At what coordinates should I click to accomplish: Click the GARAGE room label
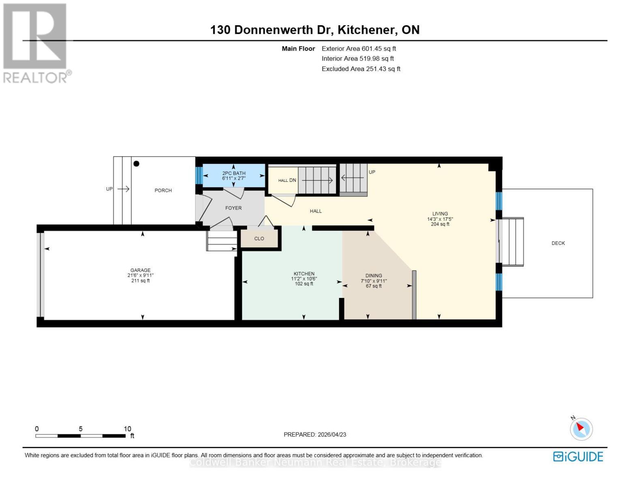pyautogui.click(x=140, y=270)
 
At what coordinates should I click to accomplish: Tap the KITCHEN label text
pyautogui.click(x=304, y=274)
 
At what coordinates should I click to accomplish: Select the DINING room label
pyautogui.click(x=374, y=276)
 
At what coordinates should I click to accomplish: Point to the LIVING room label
pyautogui.click(x=440, y=213)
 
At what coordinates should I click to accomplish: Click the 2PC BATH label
pyautogui.click(x=234, y=173)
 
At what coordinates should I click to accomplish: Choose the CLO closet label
pyautogui.click(x=259, y=239)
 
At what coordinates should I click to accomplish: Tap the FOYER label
pyautogui.click(x=233, y=208)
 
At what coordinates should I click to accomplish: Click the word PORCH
pyautogui.click(x=163, y=190)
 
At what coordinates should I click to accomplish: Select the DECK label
pyautogui.click(x=558, y=243)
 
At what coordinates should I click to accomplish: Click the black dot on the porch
pyautogui.click(x=137, y=164)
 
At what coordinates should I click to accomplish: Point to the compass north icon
pyautogui.click(x=581, y=429)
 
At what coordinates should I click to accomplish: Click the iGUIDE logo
pyautogui.click(x=578, y=457)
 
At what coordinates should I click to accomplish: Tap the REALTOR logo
pyautogui.click(x=36, y=43)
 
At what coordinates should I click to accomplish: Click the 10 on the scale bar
pyautogui.click(x=127, y=429)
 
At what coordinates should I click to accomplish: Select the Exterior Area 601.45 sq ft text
pyautogui.click(x=359, y=48)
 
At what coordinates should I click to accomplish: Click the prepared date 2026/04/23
pyautogui.click(x=332, y=435)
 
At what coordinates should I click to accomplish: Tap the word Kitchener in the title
pyautogui.click(x=367, y=30)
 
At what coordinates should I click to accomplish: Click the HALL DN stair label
pyautogui.click(x=287, y=180)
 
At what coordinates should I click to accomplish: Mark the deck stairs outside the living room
pyautogui.click(x=513, y=242)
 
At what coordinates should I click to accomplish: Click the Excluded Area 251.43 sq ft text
pyautogui.click(x=361, y=69)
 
